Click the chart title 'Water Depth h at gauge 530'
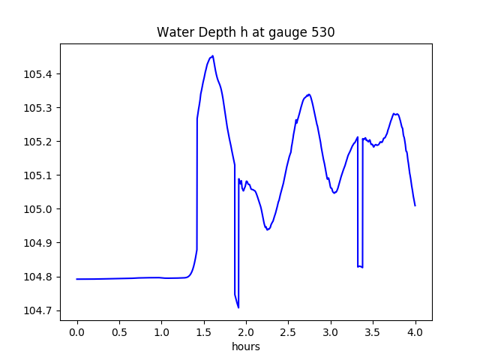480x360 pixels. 245,32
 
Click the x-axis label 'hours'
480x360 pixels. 246,346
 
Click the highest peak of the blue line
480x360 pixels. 213,56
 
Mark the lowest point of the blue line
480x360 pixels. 238,307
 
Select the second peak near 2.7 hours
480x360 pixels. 308,94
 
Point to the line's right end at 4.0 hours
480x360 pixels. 415,205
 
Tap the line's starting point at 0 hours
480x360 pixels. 77,279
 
